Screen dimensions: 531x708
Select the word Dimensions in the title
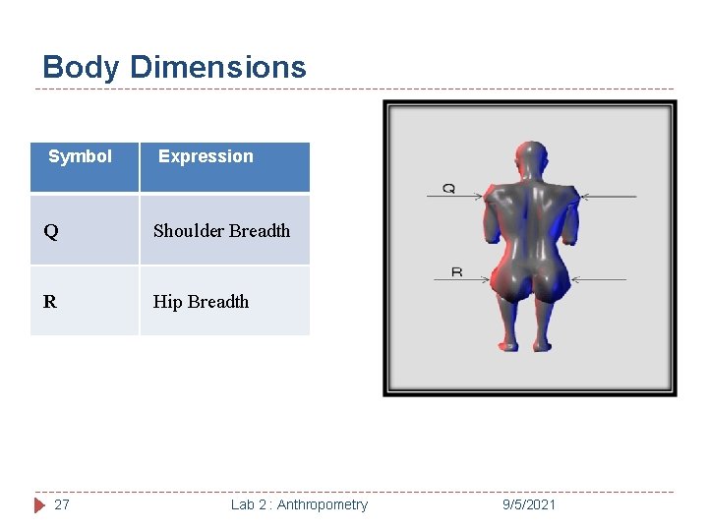click(217, 68)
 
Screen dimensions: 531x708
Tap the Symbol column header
click(81, 156)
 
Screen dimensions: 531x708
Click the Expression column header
click(206, 156)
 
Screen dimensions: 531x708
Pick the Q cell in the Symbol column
click(51, 232)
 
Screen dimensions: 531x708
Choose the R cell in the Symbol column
click(50, 302)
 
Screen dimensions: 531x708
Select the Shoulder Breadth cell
click(222, 231)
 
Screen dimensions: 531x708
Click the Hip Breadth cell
click(202, 302)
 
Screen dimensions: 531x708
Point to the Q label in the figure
click(448, 187)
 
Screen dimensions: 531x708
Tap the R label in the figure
click(456, 271)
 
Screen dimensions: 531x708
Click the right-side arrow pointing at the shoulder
click(608, 197)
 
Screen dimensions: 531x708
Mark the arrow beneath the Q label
click(455, 197)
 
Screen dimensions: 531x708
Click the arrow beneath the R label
click(463, 280)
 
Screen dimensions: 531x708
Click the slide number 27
click(62, 504)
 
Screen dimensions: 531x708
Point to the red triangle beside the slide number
click(40, 504)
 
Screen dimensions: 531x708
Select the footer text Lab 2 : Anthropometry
click(299, 504)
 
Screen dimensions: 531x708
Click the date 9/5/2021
click(529, 504)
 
